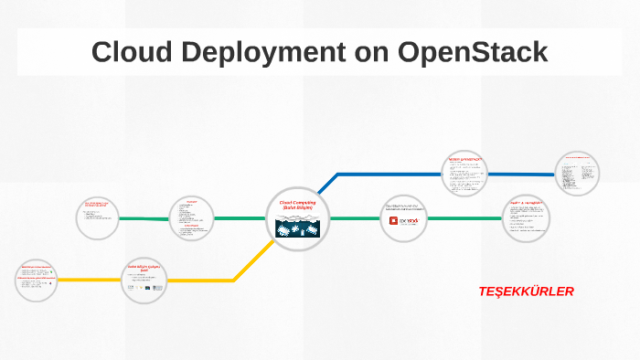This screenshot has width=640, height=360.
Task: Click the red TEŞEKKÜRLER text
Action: coord(526,291)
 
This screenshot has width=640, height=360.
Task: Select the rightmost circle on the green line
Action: coord(528,218)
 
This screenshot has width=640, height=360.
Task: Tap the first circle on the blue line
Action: coord(466,173)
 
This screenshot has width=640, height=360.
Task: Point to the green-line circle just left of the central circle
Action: coord(192,219)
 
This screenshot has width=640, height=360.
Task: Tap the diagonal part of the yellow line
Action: coord(251,260)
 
